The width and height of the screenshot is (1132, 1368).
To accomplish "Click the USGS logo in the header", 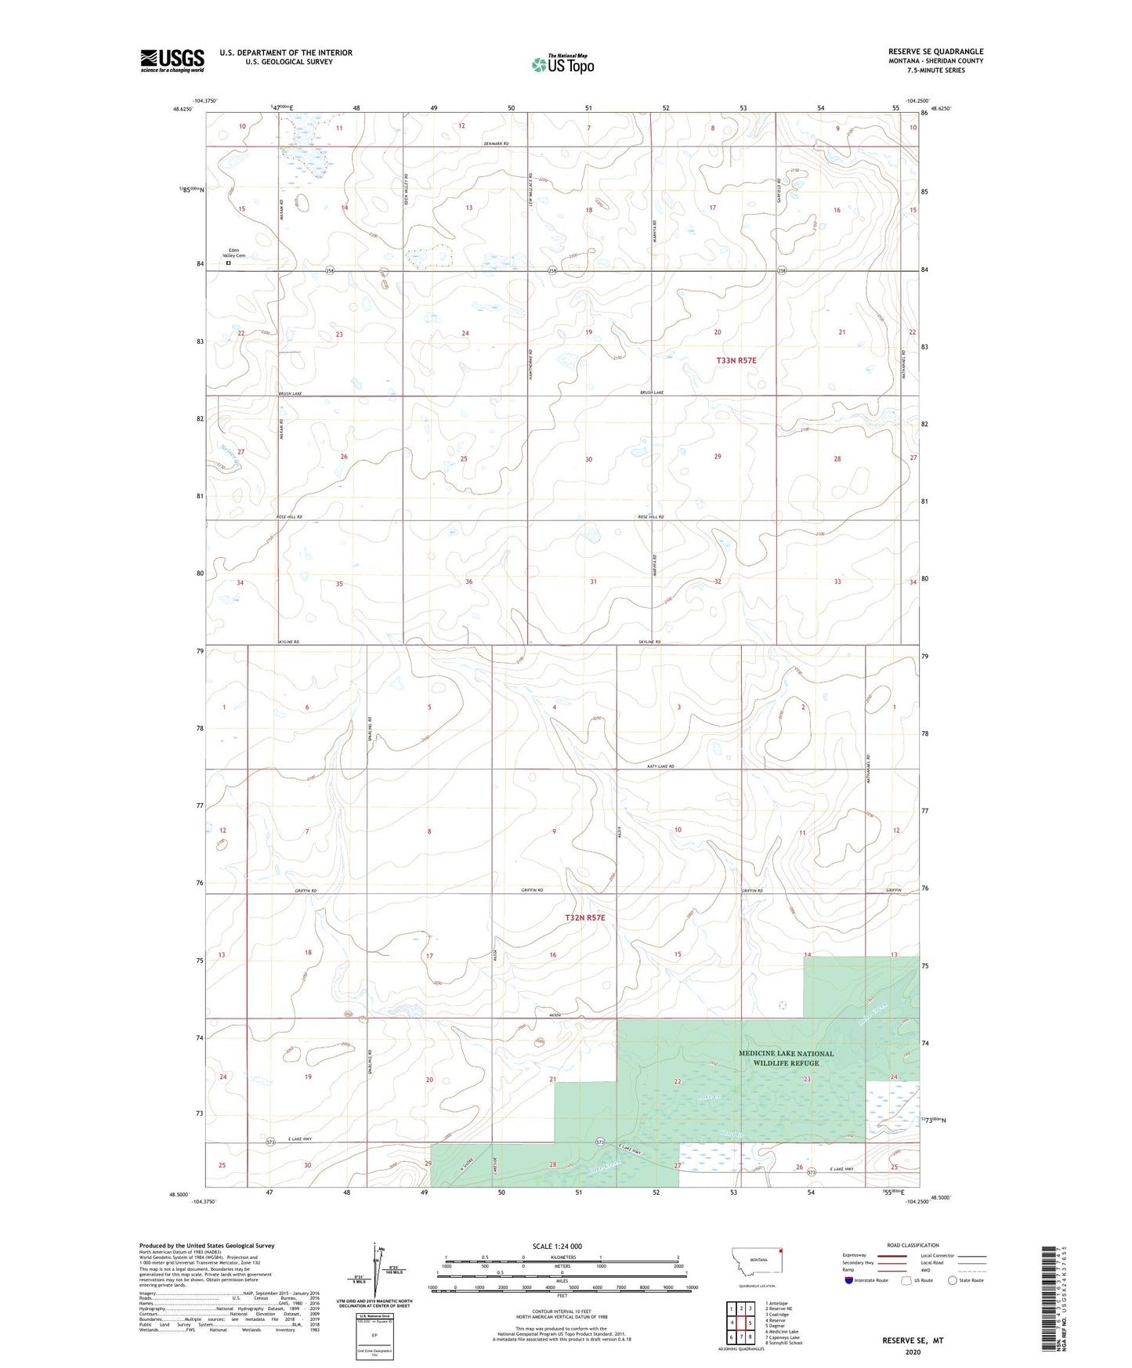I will pos(172,60).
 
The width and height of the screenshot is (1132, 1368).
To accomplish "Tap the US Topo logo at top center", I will pos(562,64).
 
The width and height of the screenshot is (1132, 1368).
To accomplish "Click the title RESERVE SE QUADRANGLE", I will pos(935,52).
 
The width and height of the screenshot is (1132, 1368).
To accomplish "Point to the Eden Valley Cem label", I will pos(234,253).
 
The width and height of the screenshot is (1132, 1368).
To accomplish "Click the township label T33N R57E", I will pos(736,360).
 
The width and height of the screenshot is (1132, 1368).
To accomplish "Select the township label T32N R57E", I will pos(585,917).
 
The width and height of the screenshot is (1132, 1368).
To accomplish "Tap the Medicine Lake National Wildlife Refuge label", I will pos(786,1058).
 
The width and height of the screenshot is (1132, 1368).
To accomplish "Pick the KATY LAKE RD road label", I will pos(660,766).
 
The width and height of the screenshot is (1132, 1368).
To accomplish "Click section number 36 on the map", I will pos(468,581).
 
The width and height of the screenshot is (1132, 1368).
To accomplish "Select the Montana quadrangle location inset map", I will pos(758,1262).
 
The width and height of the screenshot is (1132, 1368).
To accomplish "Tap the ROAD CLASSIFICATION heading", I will pos(912,1245).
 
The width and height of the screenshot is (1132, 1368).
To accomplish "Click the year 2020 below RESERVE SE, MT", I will pos(912,1352).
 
